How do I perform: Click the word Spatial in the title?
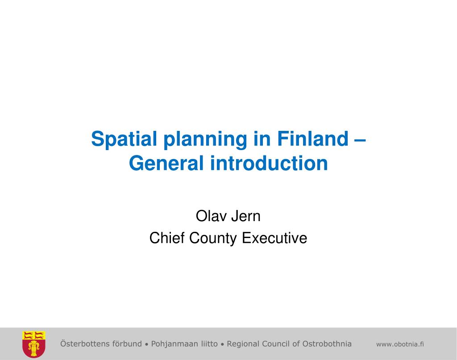click(124, 139)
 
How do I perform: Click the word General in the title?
click(166, 163)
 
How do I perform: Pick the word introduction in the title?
click(269, 163)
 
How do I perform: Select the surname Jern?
click(246, 216)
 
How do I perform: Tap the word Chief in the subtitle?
click(167, 238)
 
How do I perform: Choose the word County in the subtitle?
click(213, 239)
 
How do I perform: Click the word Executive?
click(274, 238)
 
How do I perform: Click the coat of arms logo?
click(34, 344)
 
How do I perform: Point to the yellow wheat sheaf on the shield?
click(34, 348)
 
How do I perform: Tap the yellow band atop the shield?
click(34, 335)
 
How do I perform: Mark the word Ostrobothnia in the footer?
click(327, 343)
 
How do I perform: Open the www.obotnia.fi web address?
click(400, 344)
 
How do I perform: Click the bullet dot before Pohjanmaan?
click(146, 345)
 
